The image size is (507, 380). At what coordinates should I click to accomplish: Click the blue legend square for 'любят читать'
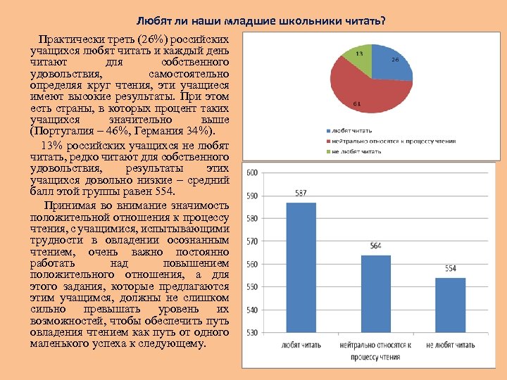point(327,131)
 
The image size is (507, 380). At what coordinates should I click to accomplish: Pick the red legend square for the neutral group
point(327,141)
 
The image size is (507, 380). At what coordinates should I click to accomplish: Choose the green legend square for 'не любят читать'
point(327,151)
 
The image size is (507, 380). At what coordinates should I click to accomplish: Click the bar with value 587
point(301,267)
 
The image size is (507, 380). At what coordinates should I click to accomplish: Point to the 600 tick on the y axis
point(251,173)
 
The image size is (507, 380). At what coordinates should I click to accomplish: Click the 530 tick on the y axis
point(251,333)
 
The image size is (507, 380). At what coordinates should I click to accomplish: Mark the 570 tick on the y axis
point(251,241)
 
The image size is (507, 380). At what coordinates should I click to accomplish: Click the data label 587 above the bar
point(301,194)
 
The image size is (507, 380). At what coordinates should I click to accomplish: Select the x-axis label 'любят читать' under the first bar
point(301,346)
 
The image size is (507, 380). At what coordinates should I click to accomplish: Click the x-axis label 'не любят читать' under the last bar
point(450,346)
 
